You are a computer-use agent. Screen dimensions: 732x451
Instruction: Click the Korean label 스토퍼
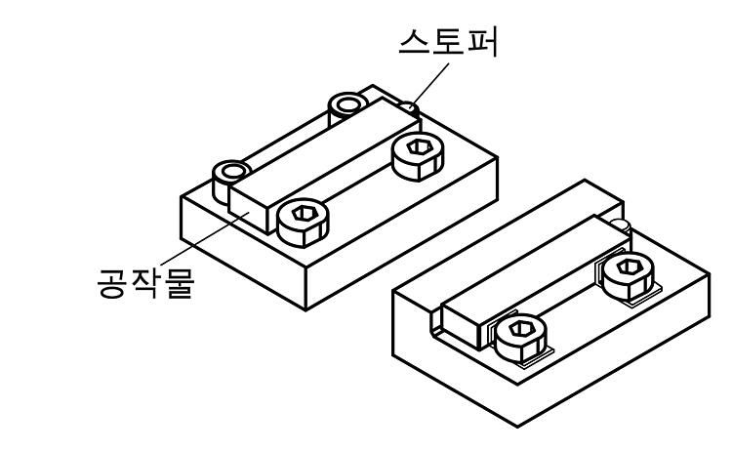(x=448, y=43)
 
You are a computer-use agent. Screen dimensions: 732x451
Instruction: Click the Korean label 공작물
(x=145, y=283)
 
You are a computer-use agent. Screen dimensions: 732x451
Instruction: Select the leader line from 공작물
(x=205, y=238)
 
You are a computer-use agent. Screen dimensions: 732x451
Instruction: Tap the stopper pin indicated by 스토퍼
(x=409, y=107)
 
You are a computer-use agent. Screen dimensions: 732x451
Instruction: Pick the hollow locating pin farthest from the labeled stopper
(x=230, y=182)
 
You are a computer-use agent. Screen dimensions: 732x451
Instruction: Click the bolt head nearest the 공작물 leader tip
(x=303, y=223)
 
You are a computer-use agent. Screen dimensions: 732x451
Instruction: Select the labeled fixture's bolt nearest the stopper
(x=418, y=156)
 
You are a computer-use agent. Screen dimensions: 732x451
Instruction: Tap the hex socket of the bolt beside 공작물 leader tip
(x=304, y=214)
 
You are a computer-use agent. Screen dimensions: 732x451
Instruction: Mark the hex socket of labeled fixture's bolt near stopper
(x=419, y=147)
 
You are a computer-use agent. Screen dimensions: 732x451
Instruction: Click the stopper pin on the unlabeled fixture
(x=622, y=225)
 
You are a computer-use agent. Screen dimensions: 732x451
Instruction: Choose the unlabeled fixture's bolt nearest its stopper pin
(x=628, y=276)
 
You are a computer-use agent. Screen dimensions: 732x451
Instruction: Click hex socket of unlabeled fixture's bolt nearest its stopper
(x=628, y=267)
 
